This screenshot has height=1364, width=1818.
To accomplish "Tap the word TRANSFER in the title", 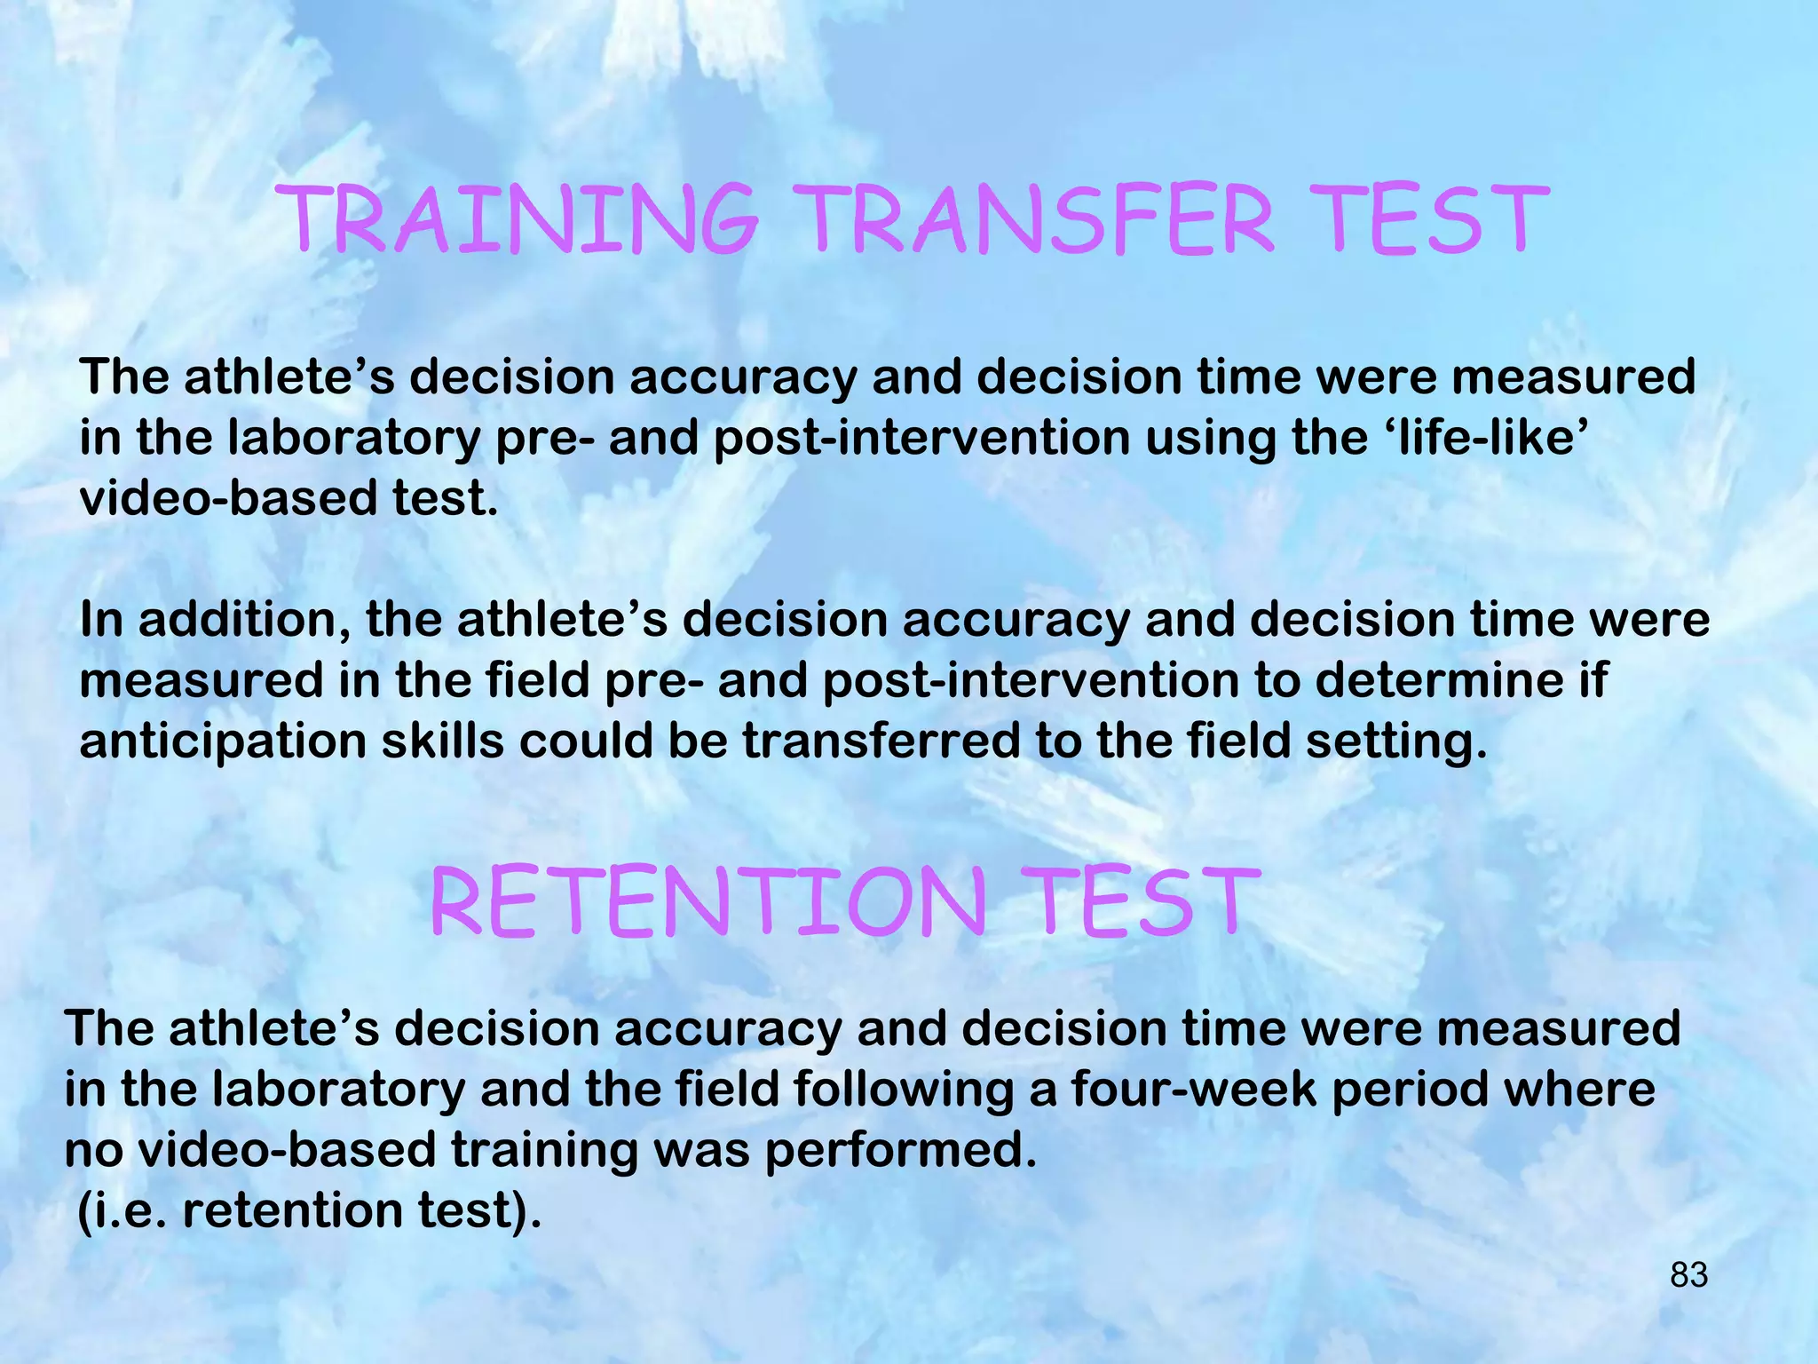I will coord(1040,218).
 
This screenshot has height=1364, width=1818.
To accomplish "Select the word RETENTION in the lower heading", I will coord(707,903).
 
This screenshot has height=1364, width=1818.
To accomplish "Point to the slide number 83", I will coord(1688,1275).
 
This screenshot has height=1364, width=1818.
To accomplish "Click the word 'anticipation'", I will coord(223,741).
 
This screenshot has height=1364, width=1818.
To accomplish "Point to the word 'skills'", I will coord(443,741).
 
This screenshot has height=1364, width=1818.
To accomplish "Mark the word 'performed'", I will coord(900,1151).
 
